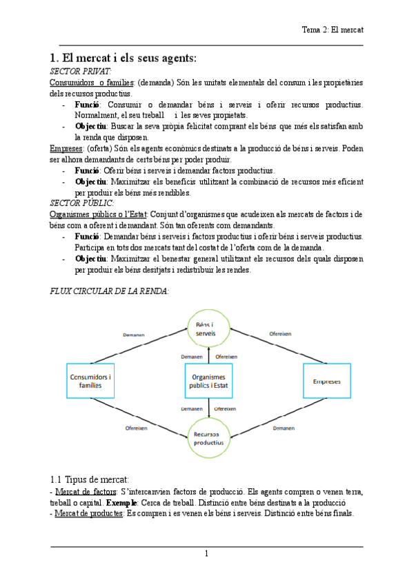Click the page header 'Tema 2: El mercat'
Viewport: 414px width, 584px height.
333,30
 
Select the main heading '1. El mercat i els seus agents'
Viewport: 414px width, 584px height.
124,58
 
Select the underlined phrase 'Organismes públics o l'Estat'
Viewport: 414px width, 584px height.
98,214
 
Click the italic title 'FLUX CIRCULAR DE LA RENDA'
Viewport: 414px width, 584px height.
109,291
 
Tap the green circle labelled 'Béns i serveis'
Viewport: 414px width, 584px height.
209,328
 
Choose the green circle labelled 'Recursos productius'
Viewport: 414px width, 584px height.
209,439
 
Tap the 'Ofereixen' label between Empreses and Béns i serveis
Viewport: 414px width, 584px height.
279,333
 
